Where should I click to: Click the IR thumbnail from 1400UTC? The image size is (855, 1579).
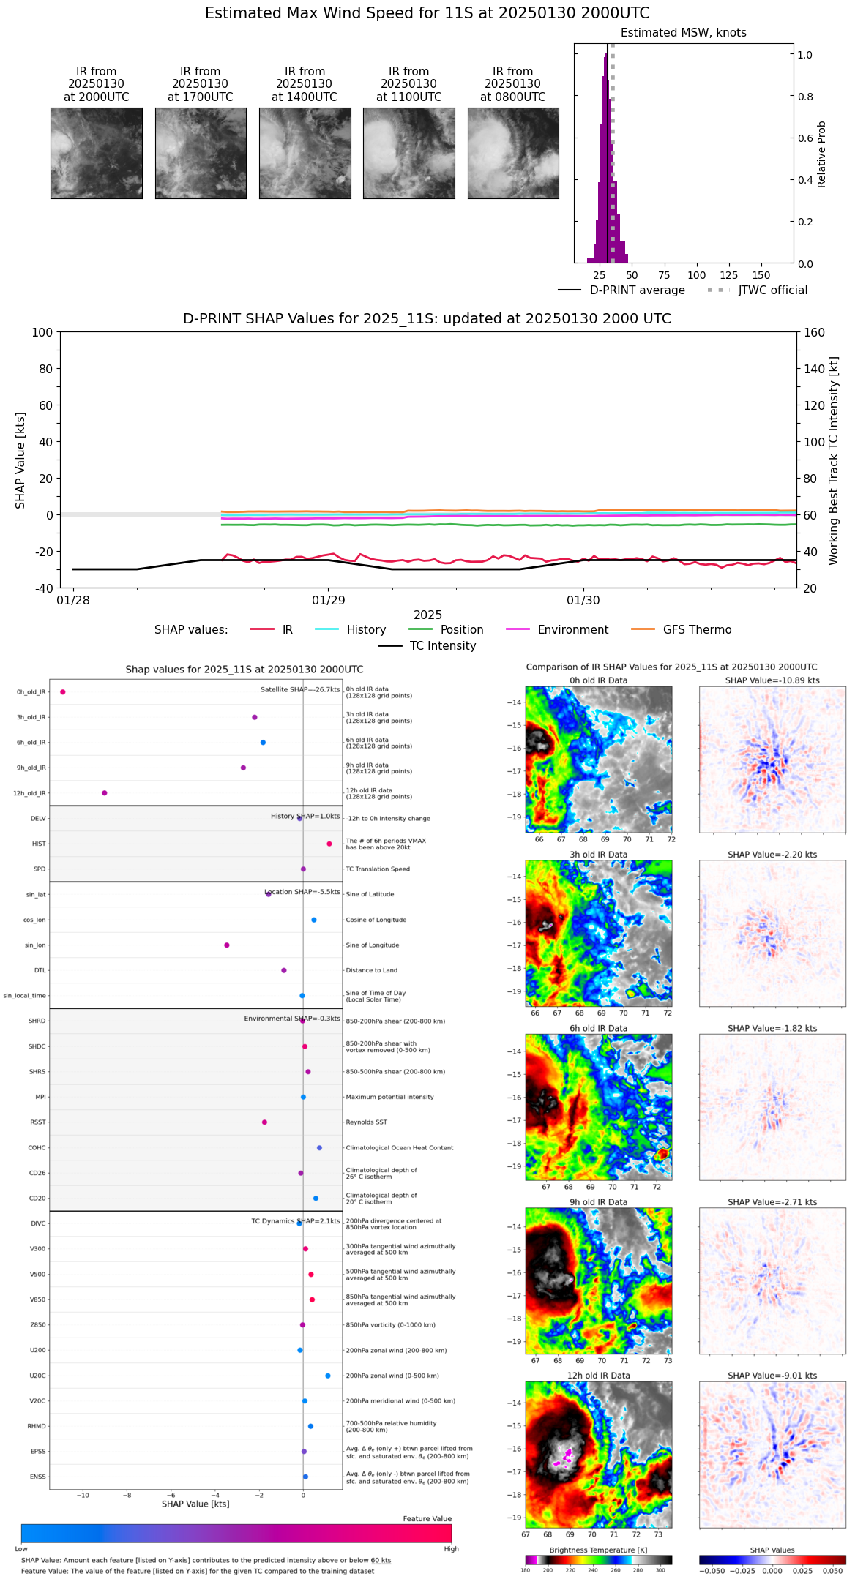pyautogui.click(x=305, y=153)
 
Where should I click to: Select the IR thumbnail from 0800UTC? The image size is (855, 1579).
pyautogui.click(x=513, y=153)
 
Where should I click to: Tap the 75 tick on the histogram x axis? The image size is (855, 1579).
pyautogui.click(x=664, y=276)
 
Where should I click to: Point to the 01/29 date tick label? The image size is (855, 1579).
pyautogui.click(x=328, y=601)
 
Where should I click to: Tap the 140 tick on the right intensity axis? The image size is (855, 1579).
pyautogui.click(x=815, y=369)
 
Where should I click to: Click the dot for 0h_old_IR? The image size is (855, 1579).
pyautogui.click(x=63, y=692)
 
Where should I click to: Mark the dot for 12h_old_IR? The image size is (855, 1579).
pyautogui.click(x=105, y=793)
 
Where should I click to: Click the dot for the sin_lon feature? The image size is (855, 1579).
pyautogui.click(x=227, y=945)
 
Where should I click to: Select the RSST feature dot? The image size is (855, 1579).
pyautogui.click(x=264, y=1122)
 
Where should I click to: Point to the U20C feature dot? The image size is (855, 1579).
pyautogui.click(x=328, y=1376)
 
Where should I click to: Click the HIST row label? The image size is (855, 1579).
pyautogui.click(x=39, y=844)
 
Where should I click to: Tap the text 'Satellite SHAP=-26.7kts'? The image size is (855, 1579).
pyautogui.click(x=300, y=690)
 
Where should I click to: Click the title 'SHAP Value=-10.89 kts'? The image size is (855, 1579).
pyautogui.click(x=772, y=680)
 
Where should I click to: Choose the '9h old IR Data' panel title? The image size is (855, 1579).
pyautogui.click(x=598, y=1202)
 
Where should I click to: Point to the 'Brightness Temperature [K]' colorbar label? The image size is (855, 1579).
pyautogui.click(x=598, y=1550)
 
